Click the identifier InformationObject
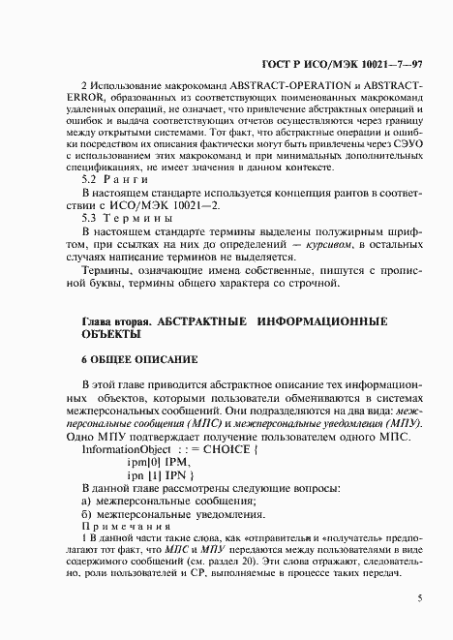click(x=122, y=450)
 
